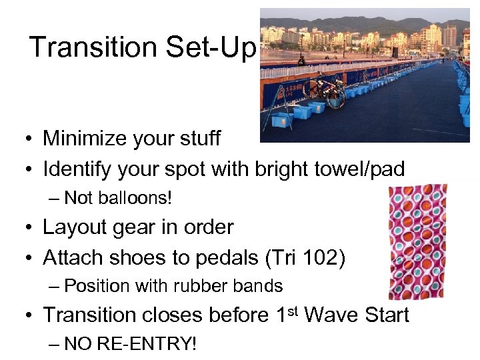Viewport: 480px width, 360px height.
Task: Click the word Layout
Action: [71, 227]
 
